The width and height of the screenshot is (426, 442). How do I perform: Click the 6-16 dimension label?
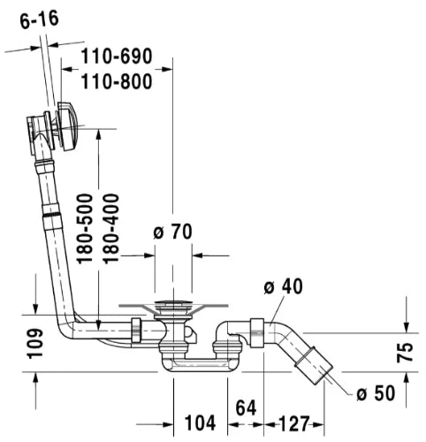[x=40, y=19]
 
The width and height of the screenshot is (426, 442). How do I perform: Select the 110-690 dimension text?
[x=117, y=56]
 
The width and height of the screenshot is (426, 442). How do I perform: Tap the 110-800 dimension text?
[x=117, y=81]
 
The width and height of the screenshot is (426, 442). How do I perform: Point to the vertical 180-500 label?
[x=85, y=228]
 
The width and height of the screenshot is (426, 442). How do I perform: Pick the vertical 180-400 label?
[x=110, y=228]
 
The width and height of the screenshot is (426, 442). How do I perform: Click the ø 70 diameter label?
[x=172, y=232]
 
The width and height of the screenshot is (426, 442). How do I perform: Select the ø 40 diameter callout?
[x=283, y=286]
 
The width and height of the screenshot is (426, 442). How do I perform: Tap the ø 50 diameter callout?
[x=376, y=392]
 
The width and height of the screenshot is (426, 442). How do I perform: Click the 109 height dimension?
[x=35, y=344]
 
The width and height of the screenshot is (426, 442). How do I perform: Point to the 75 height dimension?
[x=405, y=353]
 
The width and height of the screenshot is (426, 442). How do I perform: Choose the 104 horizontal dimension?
[x=200, y=423]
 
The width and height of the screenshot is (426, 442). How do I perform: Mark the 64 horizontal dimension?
[x=246, y=408]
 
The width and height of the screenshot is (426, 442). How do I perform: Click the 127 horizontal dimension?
[x=293, y=423]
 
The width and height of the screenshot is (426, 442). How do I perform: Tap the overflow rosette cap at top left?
[x=68, y=126]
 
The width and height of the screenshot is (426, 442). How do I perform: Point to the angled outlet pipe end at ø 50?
[x=315, y=365]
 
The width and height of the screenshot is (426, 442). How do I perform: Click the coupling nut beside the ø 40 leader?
[x=256, y=333]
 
